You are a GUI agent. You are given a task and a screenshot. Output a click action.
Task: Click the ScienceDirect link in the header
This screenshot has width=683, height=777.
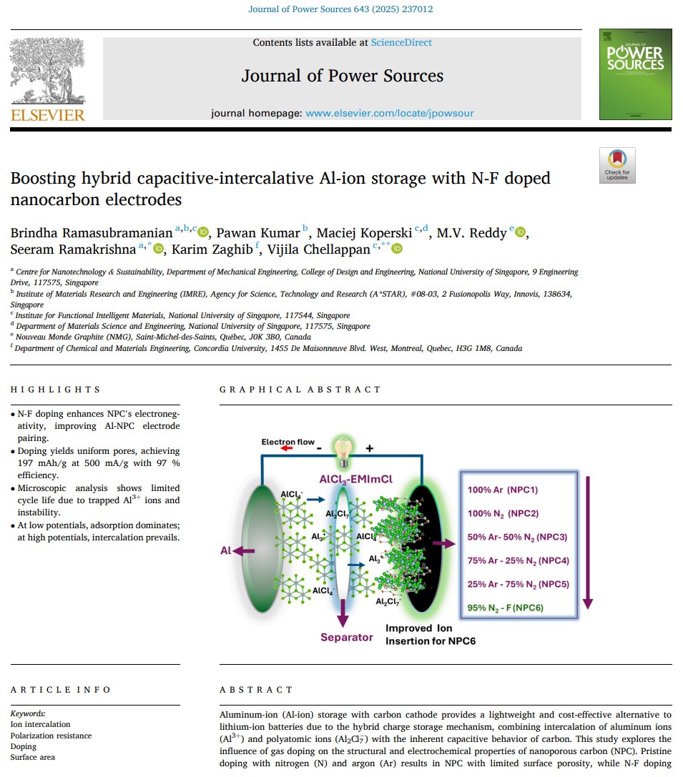[401, 43]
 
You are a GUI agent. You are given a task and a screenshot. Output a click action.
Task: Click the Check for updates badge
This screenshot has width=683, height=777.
[616, 166]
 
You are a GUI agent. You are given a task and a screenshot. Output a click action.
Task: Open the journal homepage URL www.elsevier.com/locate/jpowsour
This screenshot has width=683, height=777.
[389, 113]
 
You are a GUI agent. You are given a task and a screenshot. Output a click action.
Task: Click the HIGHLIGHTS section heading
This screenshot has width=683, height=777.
[56, 390]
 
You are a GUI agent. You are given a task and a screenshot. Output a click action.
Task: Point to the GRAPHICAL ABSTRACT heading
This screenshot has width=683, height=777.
[300, 390]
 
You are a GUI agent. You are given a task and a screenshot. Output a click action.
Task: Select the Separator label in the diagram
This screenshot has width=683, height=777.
[346, 637]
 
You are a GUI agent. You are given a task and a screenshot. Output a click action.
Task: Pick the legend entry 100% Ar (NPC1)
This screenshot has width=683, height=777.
[503, 490]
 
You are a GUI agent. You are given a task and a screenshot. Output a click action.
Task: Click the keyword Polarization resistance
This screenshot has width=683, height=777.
[51, 736]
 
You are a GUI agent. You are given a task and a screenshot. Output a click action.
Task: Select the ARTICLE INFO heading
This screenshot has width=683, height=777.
[61, 690]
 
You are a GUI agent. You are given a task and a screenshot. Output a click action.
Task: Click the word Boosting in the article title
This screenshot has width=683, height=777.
[44, 179]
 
